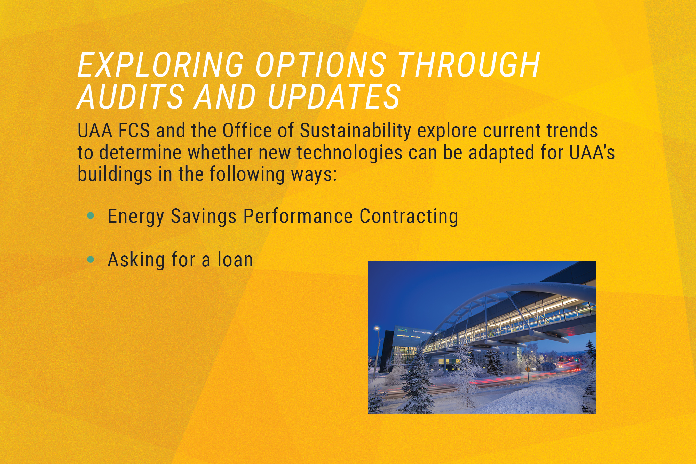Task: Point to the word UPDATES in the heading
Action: pyautogui.click(x=334, y=96)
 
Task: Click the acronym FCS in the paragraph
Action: pyautogui.click(x=134, y=131)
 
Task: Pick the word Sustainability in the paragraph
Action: pyautogui.click(x=355, y=131)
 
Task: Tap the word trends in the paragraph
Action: pyautogui.click(x=572, y=131)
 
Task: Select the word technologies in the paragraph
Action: pyautogui.click(x=349, y=153)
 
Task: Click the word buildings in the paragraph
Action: pyautogui.click(x=115, y=174)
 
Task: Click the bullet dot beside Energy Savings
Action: pyautogui.click(x=91, y=216)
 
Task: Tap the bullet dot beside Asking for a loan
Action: pyautogui.click(x=91, y=259)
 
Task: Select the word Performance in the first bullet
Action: pyautogui.click(x=298, y=216)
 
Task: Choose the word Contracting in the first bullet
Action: pyautogui.click(x=409, y=217)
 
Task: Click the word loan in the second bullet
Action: pyautogui.click(x=235, y=260)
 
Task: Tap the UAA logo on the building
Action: pyautogui.click(x=402, y=330)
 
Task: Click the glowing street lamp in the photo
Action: pyautogui.click(x=377, y=328)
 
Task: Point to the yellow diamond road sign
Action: pyautogui.click(x=528, y=369)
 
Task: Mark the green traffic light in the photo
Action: pyautogui.click(x=575, y=361)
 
